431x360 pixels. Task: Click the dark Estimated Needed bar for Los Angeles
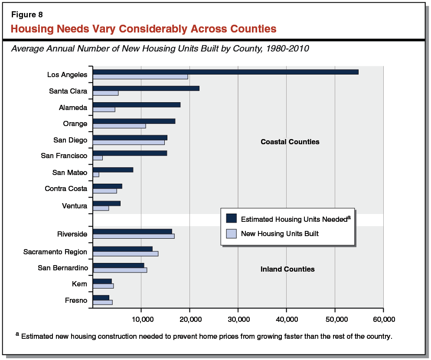pyautogui.click(x=225, y=72)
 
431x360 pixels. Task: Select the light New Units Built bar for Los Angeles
pyautogui.click(x=140, y=77)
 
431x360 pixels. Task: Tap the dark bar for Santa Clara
pyautogui.click(x=146, y=88)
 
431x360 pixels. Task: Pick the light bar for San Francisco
pyautogui.click(x=98, y=158)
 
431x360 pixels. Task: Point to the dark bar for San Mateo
pyautogui.click(x=113, y=170)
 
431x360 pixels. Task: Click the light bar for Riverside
pyautogui.click(x=134, y=236)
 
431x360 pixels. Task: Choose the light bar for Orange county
pyautogui.click(x=119, y=126)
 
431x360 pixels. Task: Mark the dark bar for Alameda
pyautogui.click(x=137, y=105)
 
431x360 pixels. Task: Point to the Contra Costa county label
pyautogui.click(x=66, y=188)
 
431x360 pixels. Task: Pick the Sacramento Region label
pyautogui.click(x=55, y=252)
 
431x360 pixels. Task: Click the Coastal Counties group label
pyautogui.click(x=290, y=142)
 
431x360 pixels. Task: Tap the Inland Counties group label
pyautogui.click(x=287, y=269)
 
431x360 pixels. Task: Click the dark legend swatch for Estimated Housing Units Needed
pyautogui.click(x=231, y=218)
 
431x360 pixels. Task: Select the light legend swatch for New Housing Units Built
pyautogui.click(x=231, y=234)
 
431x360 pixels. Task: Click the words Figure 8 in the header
pyautogui.click(x=26, y=15)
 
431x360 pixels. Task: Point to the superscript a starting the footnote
pyautogui.click(x=17, y=334)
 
